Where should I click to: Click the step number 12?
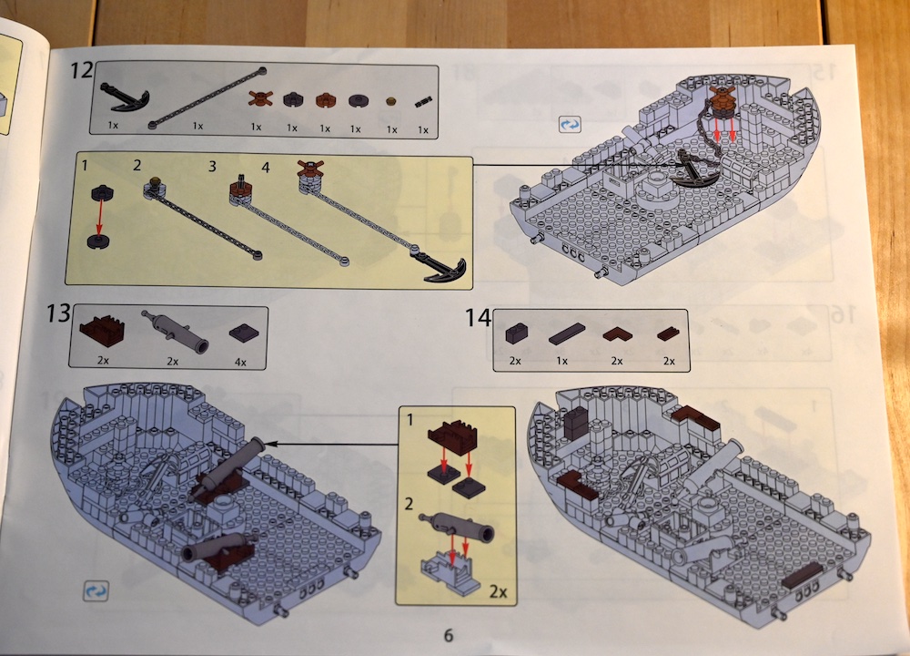pyautogui.click(x=81, y=70)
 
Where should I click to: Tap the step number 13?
pyautogui.click(x=58, y=313)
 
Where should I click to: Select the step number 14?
pyautogui.click(x=478, y=318)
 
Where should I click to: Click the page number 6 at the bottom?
pyautogui.click(x=448, y=635)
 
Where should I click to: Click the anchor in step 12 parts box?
pyautogui.click(x=124, y=97)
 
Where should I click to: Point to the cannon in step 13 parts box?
pyautogui.click(x=175, y=332)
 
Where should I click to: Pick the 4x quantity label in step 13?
pyautogui.click(x=240, y=362)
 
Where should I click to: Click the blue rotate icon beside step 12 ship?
pyautogui.click(x=570, y=124)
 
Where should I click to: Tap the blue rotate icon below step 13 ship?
pyautogui.click(x=96, y=590)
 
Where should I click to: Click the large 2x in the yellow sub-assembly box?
pyautogui.click(x=498, y=591)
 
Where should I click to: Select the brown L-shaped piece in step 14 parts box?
pyautogui.click(x=617, y=334)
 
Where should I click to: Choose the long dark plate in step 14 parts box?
pyautogui.click(x=566, y=334)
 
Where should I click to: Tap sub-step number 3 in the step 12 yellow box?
pyautogui.click(x=212, y=167)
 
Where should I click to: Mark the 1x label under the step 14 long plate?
pyautogui.click(x=561, y=361)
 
